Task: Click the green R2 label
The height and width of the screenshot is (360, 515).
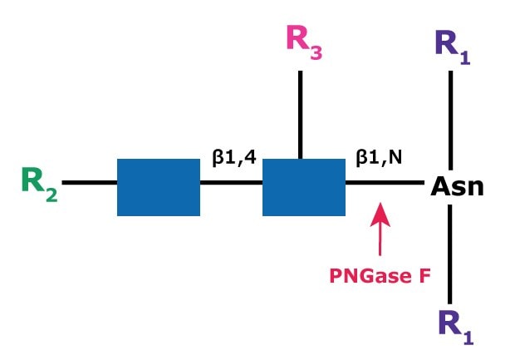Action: pyautogui.click(x=38, y=185)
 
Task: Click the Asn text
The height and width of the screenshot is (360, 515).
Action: pyautogui.click(x=456, y=186)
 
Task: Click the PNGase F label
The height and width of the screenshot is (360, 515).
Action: pyautogui.click(x=379, y=274)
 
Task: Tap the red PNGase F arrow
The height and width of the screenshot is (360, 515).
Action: pyautogui.click(x=380, y=231)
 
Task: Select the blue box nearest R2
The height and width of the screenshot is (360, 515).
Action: pyautogui.click(x=159, y=186)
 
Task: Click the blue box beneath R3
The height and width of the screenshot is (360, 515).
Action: pyautogui.click(x=304, y=186)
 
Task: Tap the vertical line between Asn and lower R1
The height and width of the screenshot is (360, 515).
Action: pyautogui.click(x=450, y=254)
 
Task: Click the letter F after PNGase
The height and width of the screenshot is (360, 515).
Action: pyautogui.click(x=424, y=274)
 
